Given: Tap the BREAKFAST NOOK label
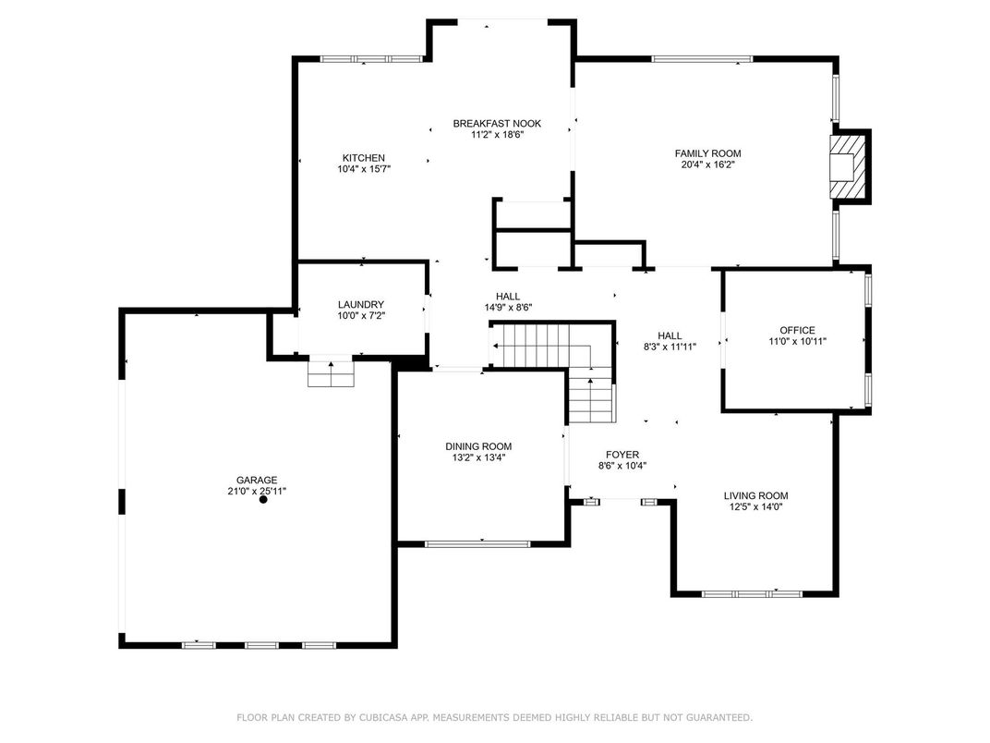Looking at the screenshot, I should [x=497, y=123].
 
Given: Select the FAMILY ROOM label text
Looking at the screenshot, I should [x=707, y=153].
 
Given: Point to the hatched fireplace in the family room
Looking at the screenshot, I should [x=846, y=166].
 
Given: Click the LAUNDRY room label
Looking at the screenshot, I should [x=361, y=304].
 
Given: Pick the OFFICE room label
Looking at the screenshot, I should [x=797, y=330].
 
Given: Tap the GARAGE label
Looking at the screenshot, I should [x=257, y=480].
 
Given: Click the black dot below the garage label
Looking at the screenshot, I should [x=263, y=499].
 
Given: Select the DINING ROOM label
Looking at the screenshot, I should [x=478, y=446].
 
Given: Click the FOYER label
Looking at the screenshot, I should [x=622, y=455].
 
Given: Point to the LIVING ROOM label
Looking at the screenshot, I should [x=755, y=495].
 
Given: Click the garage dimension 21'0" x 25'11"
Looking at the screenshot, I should [x=257, y=491].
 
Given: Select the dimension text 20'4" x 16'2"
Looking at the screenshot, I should [x=707, y=164].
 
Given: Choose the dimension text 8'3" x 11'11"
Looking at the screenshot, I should [x=670, y=347].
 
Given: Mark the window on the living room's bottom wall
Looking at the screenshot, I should [x=752, y=593].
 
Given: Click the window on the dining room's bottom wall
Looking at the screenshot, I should [x=478, y=543].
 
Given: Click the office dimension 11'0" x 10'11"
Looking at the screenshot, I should [x=797, y=341].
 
